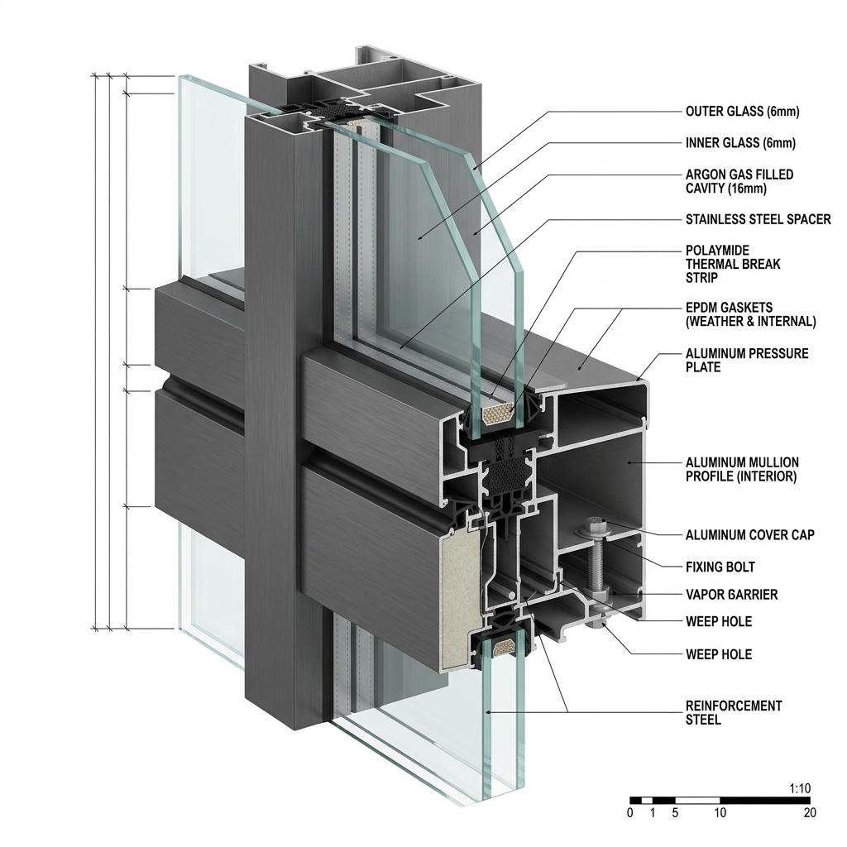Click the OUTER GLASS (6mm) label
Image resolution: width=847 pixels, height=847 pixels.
[742, 112]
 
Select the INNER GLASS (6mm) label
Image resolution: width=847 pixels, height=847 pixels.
[740, 143]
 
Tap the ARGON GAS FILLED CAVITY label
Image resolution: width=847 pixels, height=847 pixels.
[739, 181]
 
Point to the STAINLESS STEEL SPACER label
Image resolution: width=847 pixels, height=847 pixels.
[758, 219]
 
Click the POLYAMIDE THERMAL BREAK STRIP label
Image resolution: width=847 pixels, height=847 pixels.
[733, 264]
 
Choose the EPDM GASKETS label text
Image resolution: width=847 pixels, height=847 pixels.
[750, 314]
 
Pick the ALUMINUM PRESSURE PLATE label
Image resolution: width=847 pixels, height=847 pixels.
[747, 360]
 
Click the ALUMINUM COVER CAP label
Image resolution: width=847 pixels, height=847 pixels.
[749, 535]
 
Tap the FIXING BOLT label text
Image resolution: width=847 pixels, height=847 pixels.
[720, 567]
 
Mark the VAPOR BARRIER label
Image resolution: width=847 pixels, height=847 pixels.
[731, 595]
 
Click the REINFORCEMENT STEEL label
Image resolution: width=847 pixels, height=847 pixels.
[734, 712]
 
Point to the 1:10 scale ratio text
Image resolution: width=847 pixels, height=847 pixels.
[799, 789]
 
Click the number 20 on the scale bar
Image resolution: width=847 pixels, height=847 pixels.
[809, 813]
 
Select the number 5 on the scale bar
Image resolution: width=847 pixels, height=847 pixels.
[675, 813]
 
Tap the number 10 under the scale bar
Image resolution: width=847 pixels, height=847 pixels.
[719, 813]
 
